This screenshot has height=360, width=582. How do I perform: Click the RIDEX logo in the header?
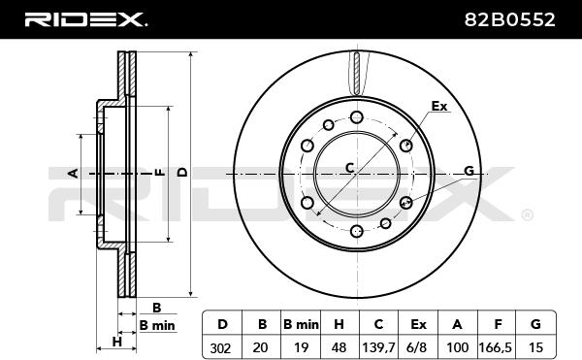pyautogui.click(x=85, y=19)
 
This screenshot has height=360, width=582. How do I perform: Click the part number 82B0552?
pyautogui.click(x=509, y=19)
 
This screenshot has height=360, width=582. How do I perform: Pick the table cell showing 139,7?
pyautogui.click(x=378, y=347)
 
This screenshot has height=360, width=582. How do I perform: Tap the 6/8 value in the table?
pyautogui.click(x=418, y=347)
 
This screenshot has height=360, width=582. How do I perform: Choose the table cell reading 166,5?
pyautogui.click(x=497, y=347)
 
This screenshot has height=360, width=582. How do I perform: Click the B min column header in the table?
pyautogui.click(x=301, y=324)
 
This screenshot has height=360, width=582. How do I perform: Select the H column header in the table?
pyautogui.click(x=339, y=324)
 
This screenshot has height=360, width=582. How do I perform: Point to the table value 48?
pyautogui.click(x=339, y=347)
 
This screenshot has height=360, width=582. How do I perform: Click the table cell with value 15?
pyautogui.click(x=535, y=347)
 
